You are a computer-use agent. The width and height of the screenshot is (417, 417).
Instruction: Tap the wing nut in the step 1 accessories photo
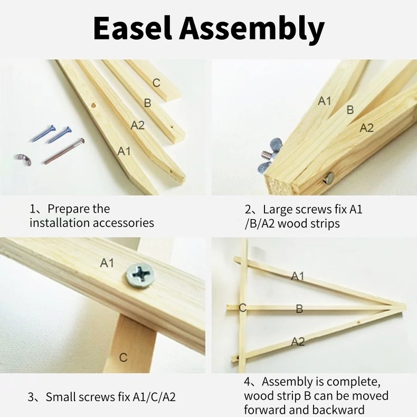pyautogui.click(x=22, y=157)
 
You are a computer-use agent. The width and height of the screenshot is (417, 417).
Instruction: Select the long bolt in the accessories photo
pyautogui.click(x=63, y=150)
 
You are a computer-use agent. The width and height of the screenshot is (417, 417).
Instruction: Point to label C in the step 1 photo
pyautogui.click(x=156, y=83)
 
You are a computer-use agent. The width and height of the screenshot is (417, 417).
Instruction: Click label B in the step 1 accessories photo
pyautogui.click(x=147, y=103)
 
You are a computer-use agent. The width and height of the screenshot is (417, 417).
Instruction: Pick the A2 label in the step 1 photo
pyautogui.click(x=137, y=125)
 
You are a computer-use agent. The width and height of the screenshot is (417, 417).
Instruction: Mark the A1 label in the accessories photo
pyautogui.click(x=124, y=151)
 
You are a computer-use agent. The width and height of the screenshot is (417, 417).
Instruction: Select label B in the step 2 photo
pyautogui.click(x=350, y=110)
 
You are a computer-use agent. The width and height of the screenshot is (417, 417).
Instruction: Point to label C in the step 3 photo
pyautogui.click(x=123, y=358)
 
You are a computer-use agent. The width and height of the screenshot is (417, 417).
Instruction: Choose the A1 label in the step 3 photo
pyautogui.click(x=107, y=262)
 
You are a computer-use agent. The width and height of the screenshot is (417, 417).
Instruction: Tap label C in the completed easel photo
pyautogui.click(x=242, y=308)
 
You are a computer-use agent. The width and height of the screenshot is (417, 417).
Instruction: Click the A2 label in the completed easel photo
pyautogui.click(x=298, y=342)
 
